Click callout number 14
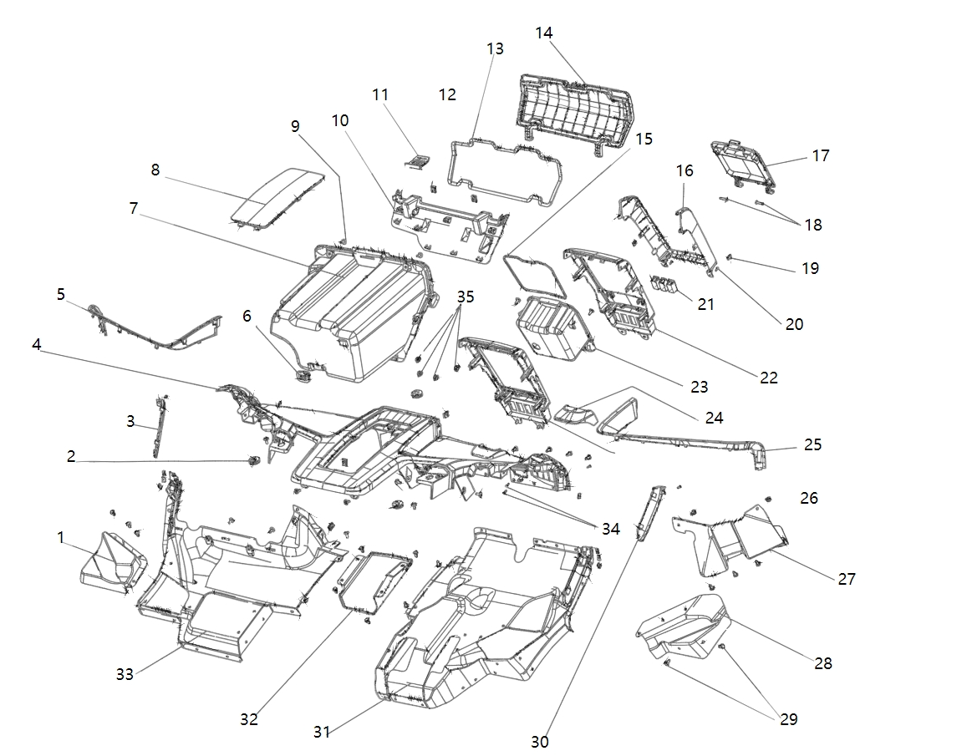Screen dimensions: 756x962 pyautogui.click(x=544, y=33)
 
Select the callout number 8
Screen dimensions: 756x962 pyautogui.click(x=155, y=170)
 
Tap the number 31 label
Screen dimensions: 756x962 pyautogui.click(x=322, y=732)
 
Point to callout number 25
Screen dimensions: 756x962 pyautogui.click(x=812, y=444)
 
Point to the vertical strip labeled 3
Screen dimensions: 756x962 pyautogui.click(x=158, y=426)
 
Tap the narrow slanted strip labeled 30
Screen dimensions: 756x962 pyautogui.click(x=649, y=513)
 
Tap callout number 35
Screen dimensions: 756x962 pyautogui.click(x=466, y=297)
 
